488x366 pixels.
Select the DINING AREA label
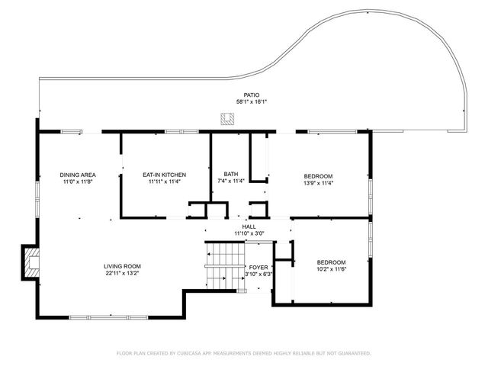(76, 175)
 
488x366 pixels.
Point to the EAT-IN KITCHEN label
(165, 175)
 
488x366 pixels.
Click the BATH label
(231, 175)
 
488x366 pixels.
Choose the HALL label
(249, 226)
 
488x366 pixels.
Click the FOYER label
(258, 267)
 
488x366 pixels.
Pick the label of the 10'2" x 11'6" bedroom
(331, 262)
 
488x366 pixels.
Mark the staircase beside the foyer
(224, 265)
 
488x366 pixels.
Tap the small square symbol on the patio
(226, 118)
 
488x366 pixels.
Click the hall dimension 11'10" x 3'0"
(249, 233)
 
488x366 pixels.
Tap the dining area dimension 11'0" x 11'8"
(76, 182)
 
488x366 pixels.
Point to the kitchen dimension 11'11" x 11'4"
(165, 182)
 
